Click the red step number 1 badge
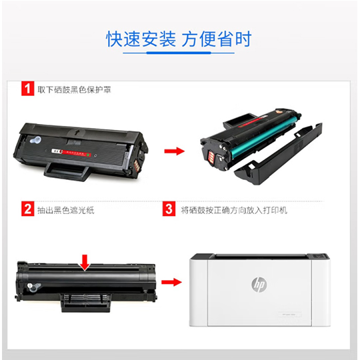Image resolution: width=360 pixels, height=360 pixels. point(28,89)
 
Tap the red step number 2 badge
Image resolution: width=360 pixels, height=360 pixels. point(28,209)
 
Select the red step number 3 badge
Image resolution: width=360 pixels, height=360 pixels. point(169,209)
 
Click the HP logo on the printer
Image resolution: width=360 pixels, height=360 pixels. point(259,285)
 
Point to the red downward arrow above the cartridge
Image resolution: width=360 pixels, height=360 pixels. point(85,262)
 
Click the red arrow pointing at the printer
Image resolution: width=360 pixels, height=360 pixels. point(171,282)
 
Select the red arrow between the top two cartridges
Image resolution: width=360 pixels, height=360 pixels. point(175,151)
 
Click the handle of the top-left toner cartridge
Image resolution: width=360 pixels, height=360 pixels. point(66,171)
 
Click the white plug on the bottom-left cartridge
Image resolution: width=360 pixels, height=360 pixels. point(33,287)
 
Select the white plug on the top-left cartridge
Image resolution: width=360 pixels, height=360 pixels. point(35,140)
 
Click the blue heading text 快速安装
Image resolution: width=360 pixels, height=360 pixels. point(141,39)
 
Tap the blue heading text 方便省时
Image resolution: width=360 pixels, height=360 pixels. point(217,39)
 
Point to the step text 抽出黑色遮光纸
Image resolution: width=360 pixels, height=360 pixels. point(66,210)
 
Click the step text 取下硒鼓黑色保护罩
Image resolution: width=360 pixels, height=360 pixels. point(74,89)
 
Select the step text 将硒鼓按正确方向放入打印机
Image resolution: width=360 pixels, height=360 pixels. point(234,210)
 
